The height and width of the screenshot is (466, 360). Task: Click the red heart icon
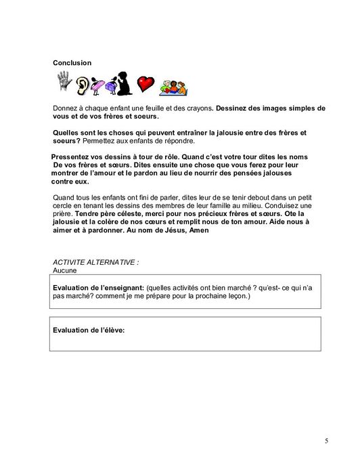tap(145, 84)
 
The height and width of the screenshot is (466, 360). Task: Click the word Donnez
tap(65, 108)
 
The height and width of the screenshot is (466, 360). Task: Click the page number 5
tap(326, 441)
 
